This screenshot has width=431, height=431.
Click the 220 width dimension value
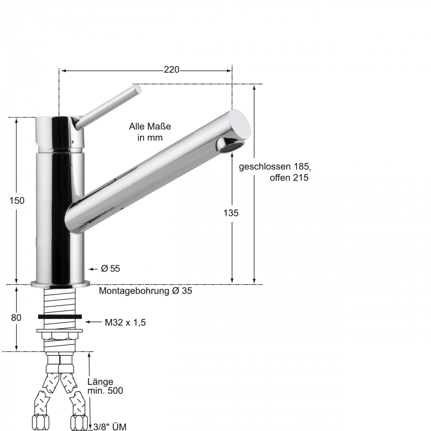click(x=171, y=70)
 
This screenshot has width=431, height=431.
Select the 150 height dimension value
click(x=17, y=200)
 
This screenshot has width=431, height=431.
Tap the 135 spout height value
click(x=231, y=213)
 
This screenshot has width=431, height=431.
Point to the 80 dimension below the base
click(x=16, y=318)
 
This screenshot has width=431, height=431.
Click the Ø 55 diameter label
click(x=110, y=269)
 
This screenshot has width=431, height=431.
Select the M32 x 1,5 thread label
click(x=125, y=323)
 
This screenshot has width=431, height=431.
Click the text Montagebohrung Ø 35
click(x=145, y=291)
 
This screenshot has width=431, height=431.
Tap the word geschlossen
click(x=264, y=167)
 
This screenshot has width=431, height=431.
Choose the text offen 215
click(x=289, y=178)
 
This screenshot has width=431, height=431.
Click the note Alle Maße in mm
click(x=150, y=132)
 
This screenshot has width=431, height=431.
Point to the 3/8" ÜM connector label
click(x=110, y=427)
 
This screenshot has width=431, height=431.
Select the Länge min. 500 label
click(x=105, y=386)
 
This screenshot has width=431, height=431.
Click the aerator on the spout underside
click(x=230, y=145)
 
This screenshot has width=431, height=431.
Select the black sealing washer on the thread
click(x=59, y=316)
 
